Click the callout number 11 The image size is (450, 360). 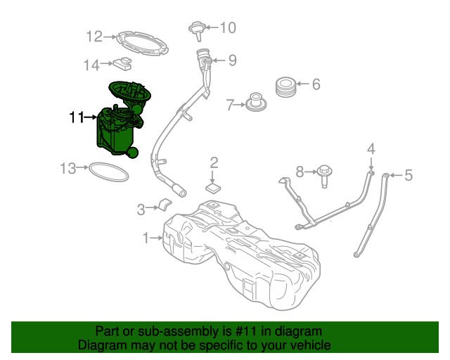click(75, 117)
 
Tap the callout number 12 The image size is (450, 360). click(94, 36)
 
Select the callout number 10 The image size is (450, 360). click(229, 28)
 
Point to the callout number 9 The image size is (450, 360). click(231, 60)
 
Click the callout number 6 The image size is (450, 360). click(316, 85)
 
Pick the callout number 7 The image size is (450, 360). click(229, 105)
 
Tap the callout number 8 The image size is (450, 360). click(300, 171)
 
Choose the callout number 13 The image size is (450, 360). click(67, 168)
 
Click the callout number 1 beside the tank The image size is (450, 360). click(146, 238)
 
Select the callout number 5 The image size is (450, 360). click(408, 175)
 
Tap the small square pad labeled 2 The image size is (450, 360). click(214, 188)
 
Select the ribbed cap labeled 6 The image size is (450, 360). click(285, 86)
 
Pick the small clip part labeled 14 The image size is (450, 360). click(124, 64)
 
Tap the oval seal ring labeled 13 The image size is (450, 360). click(108, 171)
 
